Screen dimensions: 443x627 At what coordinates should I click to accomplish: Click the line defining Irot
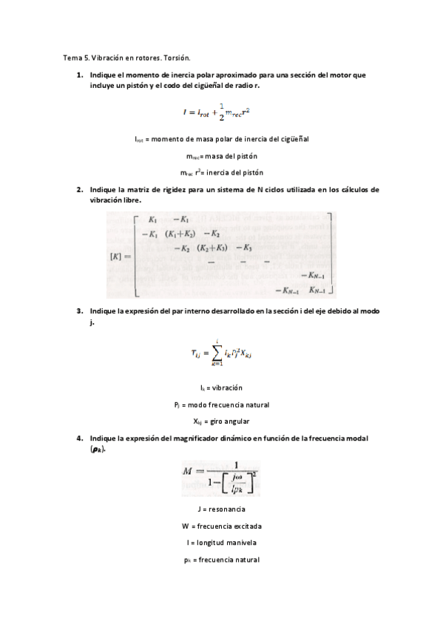coord(221,139)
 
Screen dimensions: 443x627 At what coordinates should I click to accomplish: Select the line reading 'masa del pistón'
coord(221,156)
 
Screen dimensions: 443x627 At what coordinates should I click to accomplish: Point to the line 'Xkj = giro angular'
coord(221,421)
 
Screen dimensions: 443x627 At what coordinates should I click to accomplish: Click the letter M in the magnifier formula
coord(187,471)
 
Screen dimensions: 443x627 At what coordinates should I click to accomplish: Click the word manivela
coord(238,543)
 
